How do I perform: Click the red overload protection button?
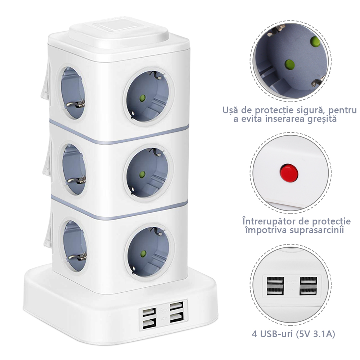click(289, 173)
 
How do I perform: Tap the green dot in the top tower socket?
click(142, 98)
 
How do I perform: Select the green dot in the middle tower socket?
click(142, 174)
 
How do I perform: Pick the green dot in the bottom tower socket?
click(143, 253)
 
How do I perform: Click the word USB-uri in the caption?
click(276, 334)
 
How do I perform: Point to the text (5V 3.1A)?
click(315, 334)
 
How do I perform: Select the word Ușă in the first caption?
click(230, 110)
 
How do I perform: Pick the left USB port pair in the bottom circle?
click(275, 285)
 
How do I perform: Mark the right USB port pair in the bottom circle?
click(308, 285)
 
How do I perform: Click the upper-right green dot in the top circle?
click(315, 41)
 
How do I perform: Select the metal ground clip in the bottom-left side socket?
click(77, 257)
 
